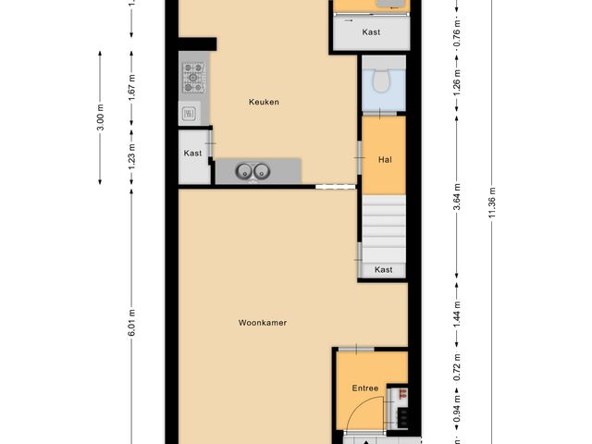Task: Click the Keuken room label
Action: coord(264,102)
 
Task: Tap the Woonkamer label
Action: coord(262,323)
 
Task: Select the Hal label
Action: coord(385,160)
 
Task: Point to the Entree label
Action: coord(364,388)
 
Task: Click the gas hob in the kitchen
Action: coord(193,80)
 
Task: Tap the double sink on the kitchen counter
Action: coord(253,170)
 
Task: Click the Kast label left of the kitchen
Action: coord(192,154)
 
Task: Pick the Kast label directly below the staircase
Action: coord(383,270)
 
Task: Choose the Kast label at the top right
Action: coord(371,32)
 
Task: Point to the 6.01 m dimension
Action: coord(131,322)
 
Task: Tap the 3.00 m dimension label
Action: coord(100,117)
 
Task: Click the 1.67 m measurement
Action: coord(131,86)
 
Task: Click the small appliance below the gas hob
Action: coord(188,114)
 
